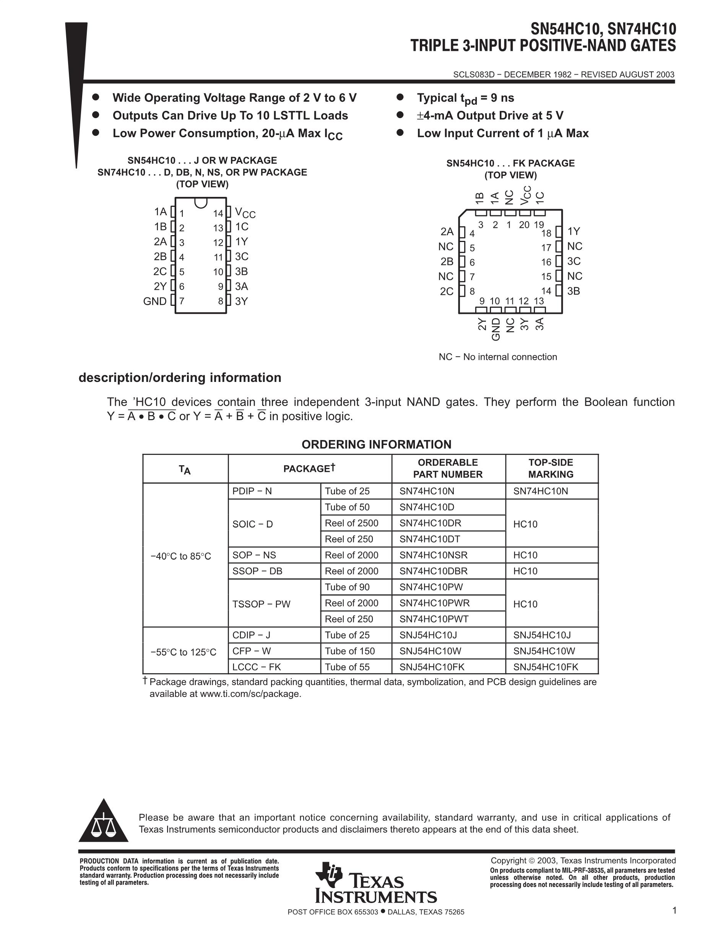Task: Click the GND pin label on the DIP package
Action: [x=155, y=301]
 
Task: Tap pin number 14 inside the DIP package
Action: [x=218, y=213]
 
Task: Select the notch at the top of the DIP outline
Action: [x=201, y=202]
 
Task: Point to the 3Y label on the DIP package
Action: [x=242, y=301]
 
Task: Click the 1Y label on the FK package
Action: [x=574, y=232]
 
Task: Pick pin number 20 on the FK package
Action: [x=524, y=225]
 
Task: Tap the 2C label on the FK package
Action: [x=447, y=291]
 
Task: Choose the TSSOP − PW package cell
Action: [x=262, y=604]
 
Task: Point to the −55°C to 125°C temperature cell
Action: [x=183, y=652]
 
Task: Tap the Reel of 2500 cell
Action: [x=351, y=523]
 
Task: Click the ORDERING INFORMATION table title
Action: [x=376, y=444]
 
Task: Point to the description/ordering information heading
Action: [x=180, y=378]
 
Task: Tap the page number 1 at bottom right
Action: [x=674, y=910]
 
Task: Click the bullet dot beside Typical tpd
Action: [x=400, y=97]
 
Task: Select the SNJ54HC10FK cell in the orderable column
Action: [x=432, y=667]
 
